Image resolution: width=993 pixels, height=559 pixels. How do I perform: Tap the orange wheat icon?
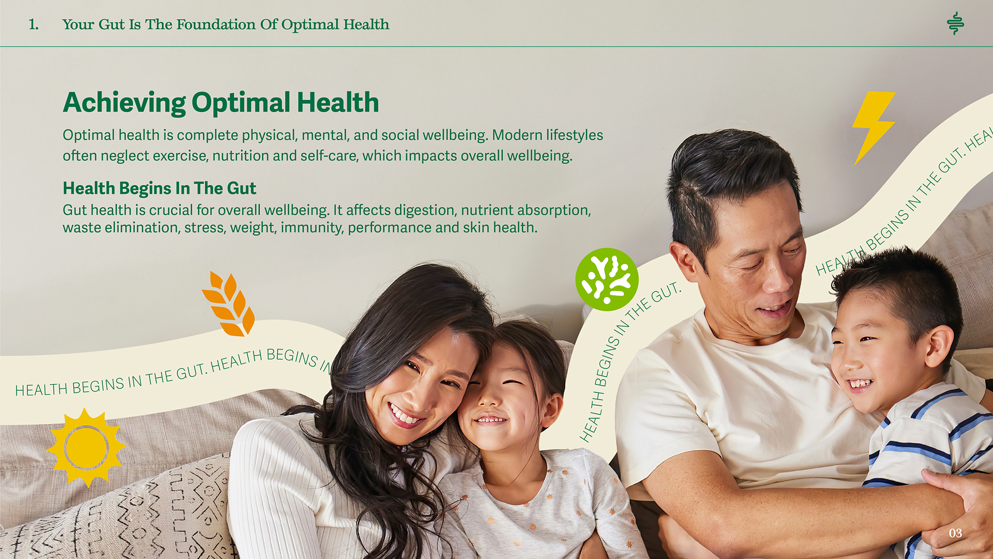pos(229,304)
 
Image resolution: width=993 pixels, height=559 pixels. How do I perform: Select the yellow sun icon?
pos(86,448)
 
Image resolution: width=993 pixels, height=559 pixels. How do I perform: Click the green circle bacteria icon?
pos(607,279)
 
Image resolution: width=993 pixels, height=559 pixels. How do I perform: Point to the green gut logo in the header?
pos(955,23)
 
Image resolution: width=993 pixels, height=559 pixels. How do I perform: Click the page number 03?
pos(955,533)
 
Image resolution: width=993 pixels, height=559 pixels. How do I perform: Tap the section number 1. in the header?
pos(34,24)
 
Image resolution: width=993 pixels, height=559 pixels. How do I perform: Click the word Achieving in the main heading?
pos(124,102)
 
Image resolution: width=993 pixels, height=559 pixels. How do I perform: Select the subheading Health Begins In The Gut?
pos(159,188)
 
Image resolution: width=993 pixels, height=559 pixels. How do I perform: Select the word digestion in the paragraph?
pos(425,210)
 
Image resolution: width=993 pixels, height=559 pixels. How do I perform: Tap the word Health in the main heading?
pos(338,102)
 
